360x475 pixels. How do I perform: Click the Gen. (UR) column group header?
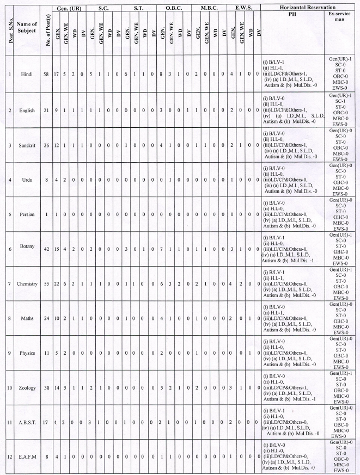(x=69, y=9)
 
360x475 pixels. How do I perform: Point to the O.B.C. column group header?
(x=173, y=9)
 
